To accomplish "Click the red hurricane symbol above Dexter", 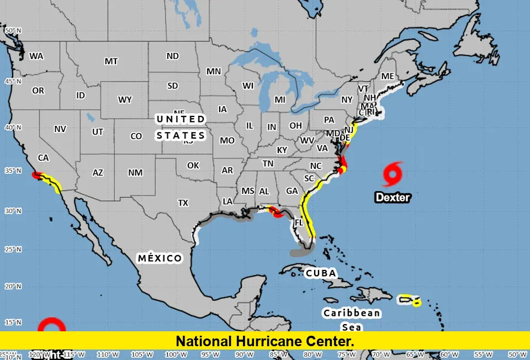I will click(393, 174).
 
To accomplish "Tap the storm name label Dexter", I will click(393, 197).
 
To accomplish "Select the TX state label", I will click(183, 203).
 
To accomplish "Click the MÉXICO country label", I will click(160, 258).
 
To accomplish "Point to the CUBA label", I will click(321, 273).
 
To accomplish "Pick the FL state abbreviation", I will click(299, 223).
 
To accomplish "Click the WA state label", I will click(36, 56).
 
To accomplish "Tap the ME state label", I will click(388, 76).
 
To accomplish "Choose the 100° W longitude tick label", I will click(176, 354).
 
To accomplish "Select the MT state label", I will click(111, 61).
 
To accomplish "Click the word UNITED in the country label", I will click(180, 119).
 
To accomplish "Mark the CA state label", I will click(44, 158).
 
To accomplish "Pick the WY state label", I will click(125, 99).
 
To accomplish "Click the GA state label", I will click(292, 191).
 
